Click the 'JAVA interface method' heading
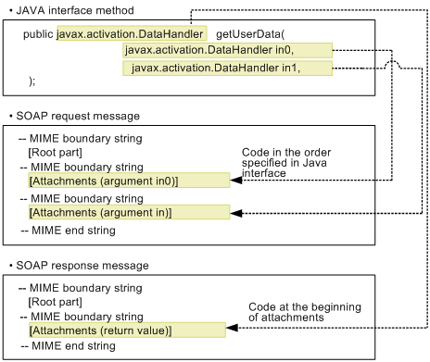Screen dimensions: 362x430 click(x=66, y=8)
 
